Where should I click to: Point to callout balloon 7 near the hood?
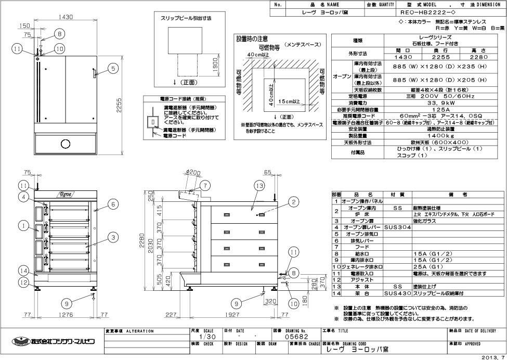point(204,185)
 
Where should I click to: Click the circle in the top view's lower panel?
point(66,143)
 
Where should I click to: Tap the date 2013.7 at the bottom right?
point(494,356)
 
